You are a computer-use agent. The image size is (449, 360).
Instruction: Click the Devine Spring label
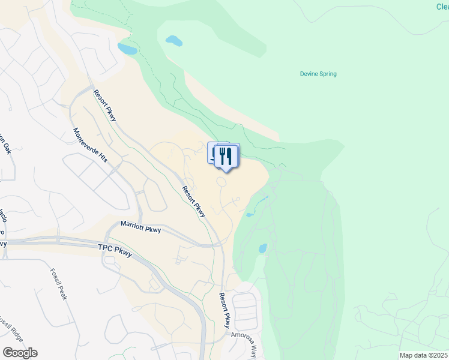click(318, 74)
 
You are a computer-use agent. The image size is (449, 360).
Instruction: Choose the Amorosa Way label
click(246, 343)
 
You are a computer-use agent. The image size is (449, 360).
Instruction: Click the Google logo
click(20, 353)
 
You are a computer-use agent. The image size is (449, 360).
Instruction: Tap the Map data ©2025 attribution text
click(424, 355)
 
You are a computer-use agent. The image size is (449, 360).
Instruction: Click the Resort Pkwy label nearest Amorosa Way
click(224, 310)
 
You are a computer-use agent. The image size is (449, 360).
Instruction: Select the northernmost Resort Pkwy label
click(104, 105)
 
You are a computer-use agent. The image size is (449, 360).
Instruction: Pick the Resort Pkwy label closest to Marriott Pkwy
click(194, 201)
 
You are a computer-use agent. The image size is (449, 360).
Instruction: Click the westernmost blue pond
click(127, 48)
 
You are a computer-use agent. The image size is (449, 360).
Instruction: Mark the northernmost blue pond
click(173, 41)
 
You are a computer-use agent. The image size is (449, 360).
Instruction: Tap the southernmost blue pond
click(262, 248)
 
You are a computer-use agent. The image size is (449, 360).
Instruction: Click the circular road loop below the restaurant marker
click(221, 182)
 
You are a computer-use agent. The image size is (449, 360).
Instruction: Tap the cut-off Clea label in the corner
click(442, 7)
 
